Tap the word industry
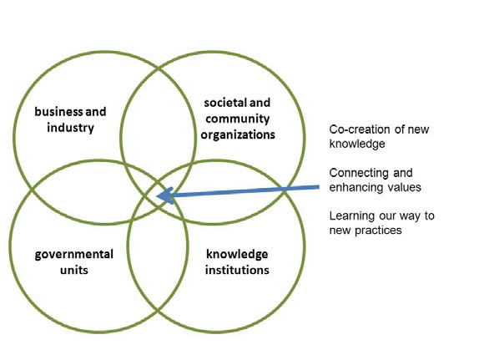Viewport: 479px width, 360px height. (x=70, y=128)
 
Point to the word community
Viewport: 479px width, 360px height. (x=237, y=119)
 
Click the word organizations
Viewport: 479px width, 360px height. (x=238, y=134)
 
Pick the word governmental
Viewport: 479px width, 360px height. (x=74, y=255)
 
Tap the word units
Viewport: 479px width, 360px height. (x=74, y=271)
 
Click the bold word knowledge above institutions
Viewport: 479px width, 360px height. (x=237, y=255)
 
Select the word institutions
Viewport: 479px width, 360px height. (x=237, y=271)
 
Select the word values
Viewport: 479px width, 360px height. (x=405, y=187)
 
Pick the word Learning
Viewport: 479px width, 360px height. (x=352, y=216)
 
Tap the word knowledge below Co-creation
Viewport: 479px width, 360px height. (x=357, y=144)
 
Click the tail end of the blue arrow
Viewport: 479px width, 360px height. (x=319, y=187)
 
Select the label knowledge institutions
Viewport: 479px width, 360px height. (x=237, y=262)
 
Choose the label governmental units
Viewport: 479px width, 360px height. (x=74, y=262)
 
